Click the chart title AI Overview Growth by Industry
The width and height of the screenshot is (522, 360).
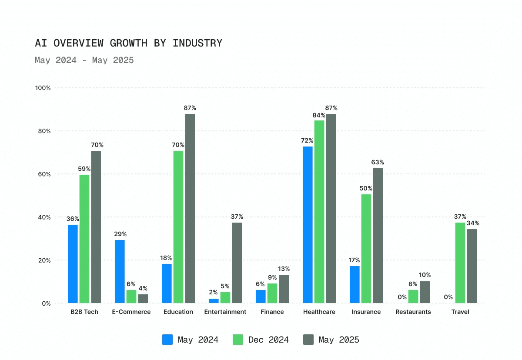(x=128, y=43)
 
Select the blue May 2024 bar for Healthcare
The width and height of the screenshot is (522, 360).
(x=308, y=225)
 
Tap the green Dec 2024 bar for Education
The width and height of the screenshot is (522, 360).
(x=178, y=227)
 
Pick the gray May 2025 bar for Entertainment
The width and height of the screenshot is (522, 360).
(x=237, y=263)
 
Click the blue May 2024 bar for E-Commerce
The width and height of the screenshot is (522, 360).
(x=120, y=271)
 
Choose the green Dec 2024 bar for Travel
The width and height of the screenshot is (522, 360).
(x=460, y=263)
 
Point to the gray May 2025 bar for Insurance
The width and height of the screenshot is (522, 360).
(x=378, y=236)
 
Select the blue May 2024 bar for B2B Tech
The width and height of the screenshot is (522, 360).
(x=73, y=264)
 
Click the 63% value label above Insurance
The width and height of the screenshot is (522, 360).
(x=378, y=162)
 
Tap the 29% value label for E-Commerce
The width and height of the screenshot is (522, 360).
(x=120, y=234)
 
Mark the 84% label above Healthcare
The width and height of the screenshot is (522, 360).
(x=319, y=115)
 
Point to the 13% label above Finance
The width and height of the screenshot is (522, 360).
(x=284, y=269)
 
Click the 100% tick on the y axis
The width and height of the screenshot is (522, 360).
(x=43, y=88)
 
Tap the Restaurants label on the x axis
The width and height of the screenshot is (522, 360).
(x=413, y=312)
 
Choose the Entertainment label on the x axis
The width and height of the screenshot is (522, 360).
(x=225, y=312)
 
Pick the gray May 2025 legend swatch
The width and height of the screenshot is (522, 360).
(x=308, y=340)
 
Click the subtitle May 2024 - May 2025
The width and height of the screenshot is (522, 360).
(x=84, y=60)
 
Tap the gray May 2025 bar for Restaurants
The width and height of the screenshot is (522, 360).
(x=425, y=292)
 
